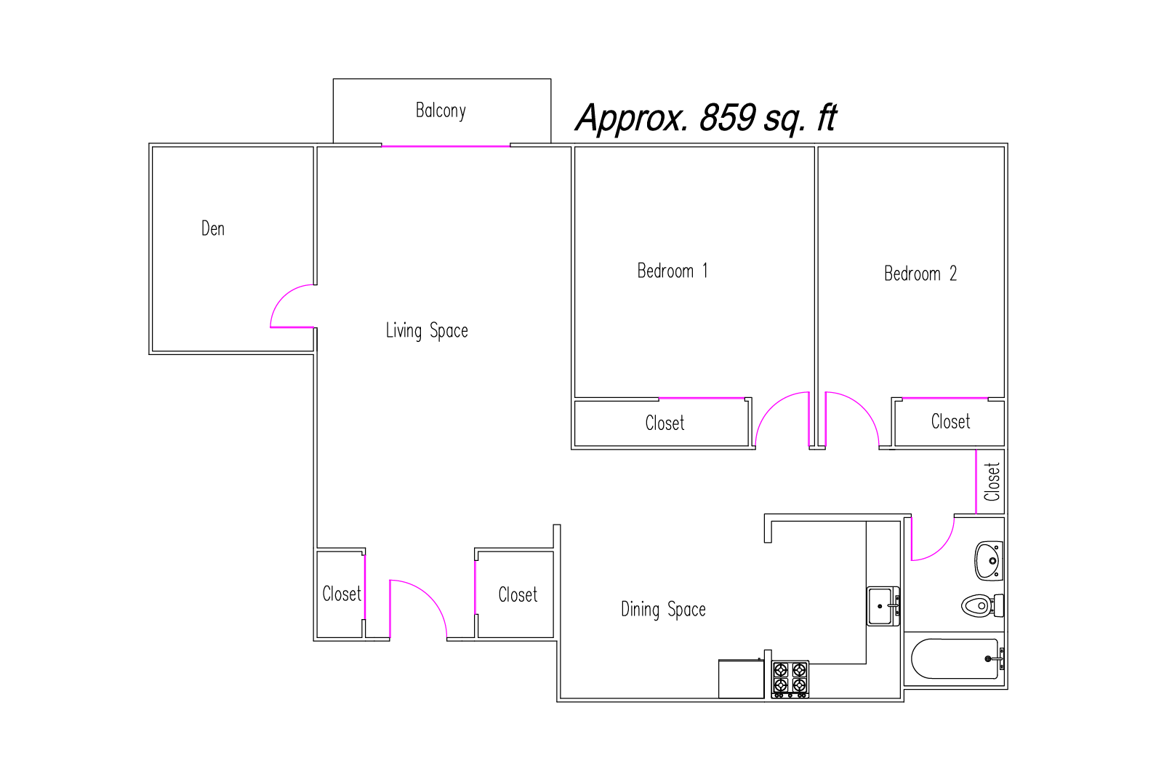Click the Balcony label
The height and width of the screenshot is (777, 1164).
[x=441, y=111]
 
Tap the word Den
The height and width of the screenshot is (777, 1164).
[x=213, y=228]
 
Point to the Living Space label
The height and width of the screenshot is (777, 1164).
[x=427, y=331]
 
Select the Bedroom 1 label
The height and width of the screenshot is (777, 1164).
[x=673, y=271]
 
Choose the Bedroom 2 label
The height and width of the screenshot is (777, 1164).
[x=920, y=274]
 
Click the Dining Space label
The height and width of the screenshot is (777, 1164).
[x=663, y=610]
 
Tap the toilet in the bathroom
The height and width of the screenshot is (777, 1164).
[x=982, y=606]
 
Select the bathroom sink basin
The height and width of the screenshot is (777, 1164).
[x=988, y=561]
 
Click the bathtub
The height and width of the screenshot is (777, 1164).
[x=955, y=659]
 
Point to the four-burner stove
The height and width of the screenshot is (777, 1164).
[x=790, y=680]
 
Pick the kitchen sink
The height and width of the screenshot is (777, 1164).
[x=883, y=607]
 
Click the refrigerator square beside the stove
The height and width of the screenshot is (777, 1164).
[x=741, y=679]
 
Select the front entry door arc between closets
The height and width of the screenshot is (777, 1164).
[x=430, y=594]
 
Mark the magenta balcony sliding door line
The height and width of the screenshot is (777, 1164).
[x=446, y=146]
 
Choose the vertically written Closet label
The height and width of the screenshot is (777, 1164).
[x=992, y=482]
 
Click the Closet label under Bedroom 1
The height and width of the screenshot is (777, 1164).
[x=665, y=423]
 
